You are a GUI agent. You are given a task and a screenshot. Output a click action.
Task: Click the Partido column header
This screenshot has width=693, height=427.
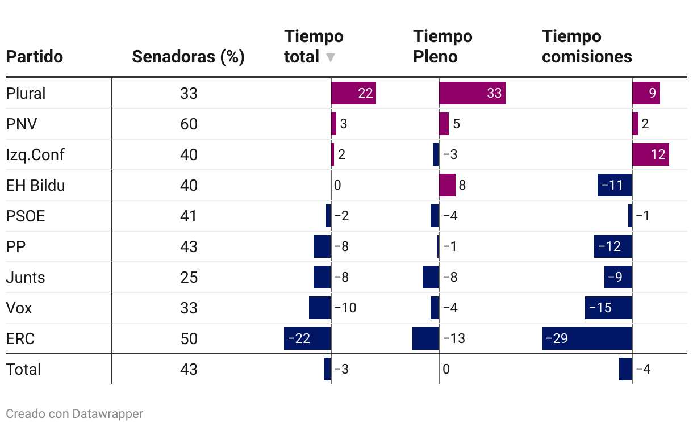(x=34, y=57)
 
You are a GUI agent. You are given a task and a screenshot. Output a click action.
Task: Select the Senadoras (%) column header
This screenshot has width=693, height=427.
(x=188, y=57)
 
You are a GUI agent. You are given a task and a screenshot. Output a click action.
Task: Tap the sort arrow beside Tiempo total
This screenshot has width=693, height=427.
(x=331, y=57)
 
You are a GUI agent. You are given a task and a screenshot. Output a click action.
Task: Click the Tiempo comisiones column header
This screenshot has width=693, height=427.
(x=587, y=47)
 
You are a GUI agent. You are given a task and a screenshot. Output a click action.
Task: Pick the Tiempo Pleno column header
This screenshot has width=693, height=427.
(x=442, y=47)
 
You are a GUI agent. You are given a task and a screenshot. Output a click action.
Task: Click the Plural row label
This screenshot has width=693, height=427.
(x=26, y=93)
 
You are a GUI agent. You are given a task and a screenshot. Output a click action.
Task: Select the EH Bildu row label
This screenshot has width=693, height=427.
(x=35, y=185)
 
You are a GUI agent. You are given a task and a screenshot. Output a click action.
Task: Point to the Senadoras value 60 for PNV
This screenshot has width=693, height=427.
(x=189, y=124)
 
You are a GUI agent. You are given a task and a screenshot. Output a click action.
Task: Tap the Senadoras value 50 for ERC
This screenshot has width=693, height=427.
(x=189, y=338)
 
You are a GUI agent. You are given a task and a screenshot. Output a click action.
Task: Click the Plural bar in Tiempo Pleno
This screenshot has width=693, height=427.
(x=472, y=93)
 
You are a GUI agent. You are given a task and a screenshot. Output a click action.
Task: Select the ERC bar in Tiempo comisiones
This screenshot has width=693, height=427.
(x=587, y=338)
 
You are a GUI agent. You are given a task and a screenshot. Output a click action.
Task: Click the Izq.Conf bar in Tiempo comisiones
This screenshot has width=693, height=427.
(x=650, y=154)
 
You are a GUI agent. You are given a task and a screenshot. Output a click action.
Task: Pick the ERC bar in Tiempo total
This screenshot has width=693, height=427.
(x=307, y=338)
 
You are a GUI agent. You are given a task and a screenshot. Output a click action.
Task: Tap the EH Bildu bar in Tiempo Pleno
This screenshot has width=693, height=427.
(x=447, y=185)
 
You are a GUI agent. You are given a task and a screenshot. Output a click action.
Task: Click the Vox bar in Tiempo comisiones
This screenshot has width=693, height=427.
(x=608, y=308)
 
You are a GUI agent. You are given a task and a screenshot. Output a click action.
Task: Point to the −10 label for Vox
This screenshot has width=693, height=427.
(x=345, y=308)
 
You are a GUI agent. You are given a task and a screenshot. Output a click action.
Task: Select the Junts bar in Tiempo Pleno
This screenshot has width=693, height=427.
(x=431, y=277)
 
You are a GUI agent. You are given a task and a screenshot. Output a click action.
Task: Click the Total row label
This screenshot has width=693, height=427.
(x=23, y=369)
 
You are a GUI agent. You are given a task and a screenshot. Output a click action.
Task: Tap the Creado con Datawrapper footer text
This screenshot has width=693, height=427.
(x=74, y=414)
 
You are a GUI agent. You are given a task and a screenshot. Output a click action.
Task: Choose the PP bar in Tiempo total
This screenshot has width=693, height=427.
(x=322, y=246)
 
